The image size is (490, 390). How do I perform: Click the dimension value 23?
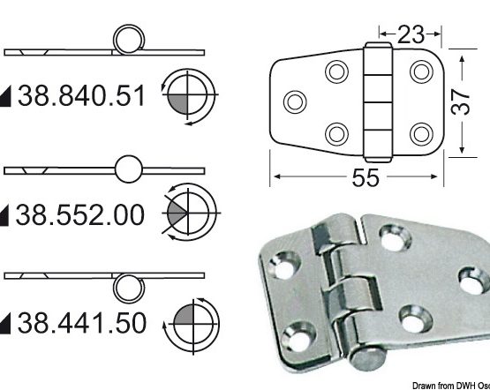pyautogui.click(x=411, y=34)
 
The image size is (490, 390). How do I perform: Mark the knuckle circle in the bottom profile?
pyautogui.click(x=130, y=282)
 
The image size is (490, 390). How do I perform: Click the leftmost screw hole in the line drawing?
pyautogui.click(x=296, y=100)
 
